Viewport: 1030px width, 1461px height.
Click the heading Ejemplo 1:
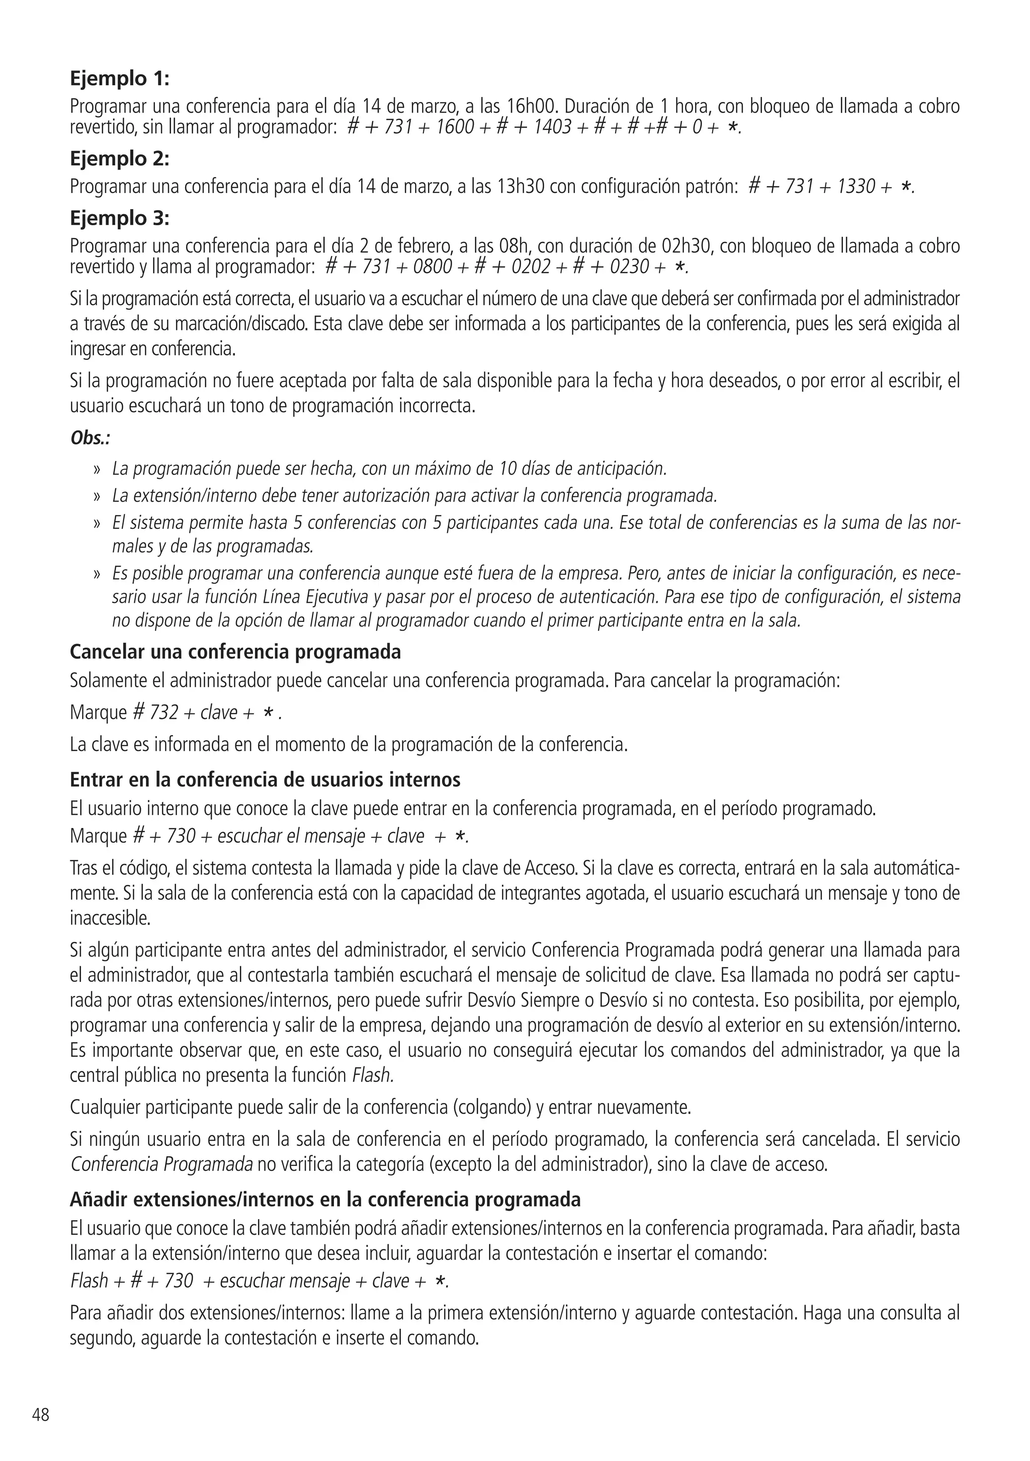pyautogui.click(x=119, y=79)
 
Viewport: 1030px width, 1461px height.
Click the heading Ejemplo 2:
pyautogui.click(x=119, y=158)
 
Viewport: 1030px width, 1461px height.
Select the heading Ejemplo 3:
pyautogui.click(x=119, y=218)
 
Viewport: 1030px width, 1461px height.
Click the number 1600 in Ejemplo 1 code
pyautogui.click(x=455, y=127)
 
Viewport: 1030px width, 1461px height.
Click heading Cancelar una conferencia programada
pyautogui.click(x=235, y=652)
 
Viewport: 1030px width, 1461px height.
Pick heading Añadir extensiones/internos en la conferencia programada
pyautogui.click(x=325, y=1200)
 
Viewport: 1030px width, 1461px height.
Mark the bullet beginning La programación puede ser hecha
pyautogui.click(x=388, y=469)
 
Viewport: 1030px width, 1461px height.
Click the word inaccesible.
pyautogui.click(x=110, y=918)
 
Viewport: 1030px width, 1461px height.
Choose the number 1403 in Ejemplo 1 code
pyautogui.click(x=551, y=127)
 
